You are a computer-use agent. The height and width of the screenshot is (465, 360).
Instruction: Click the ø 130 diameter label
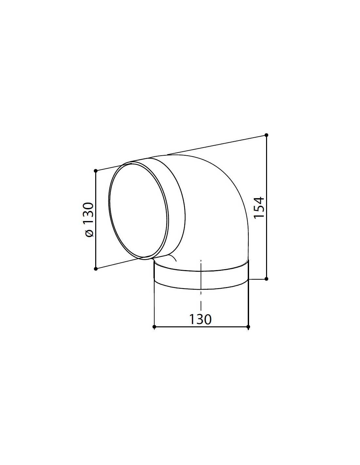point(88,219)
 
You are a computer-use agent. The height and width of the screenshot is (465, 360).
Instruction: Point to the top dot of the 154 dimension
point(266,135)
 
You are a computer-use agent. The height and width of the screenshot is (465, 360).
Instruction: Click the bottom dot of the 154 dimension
point(266,279)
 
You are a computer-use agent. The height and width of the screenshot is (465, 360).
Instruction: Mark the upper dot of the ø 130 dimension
point(96,171)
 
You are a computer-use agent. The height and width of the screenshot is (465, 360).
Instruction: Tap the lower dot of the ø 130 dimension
point(96,268)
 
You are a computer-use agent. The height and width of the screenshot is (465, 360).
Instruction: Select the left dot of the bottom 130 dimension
point(154,326)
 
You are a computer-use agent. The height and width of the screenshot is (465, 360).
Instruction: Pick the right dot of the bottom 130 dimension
point(248,326)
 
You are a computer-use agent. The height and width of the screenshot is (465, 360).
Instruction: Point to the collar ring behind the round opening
point(173,203)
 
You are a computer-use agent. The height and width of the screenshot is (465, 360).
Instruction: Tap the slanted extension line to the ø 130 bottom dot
point(118,263)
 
